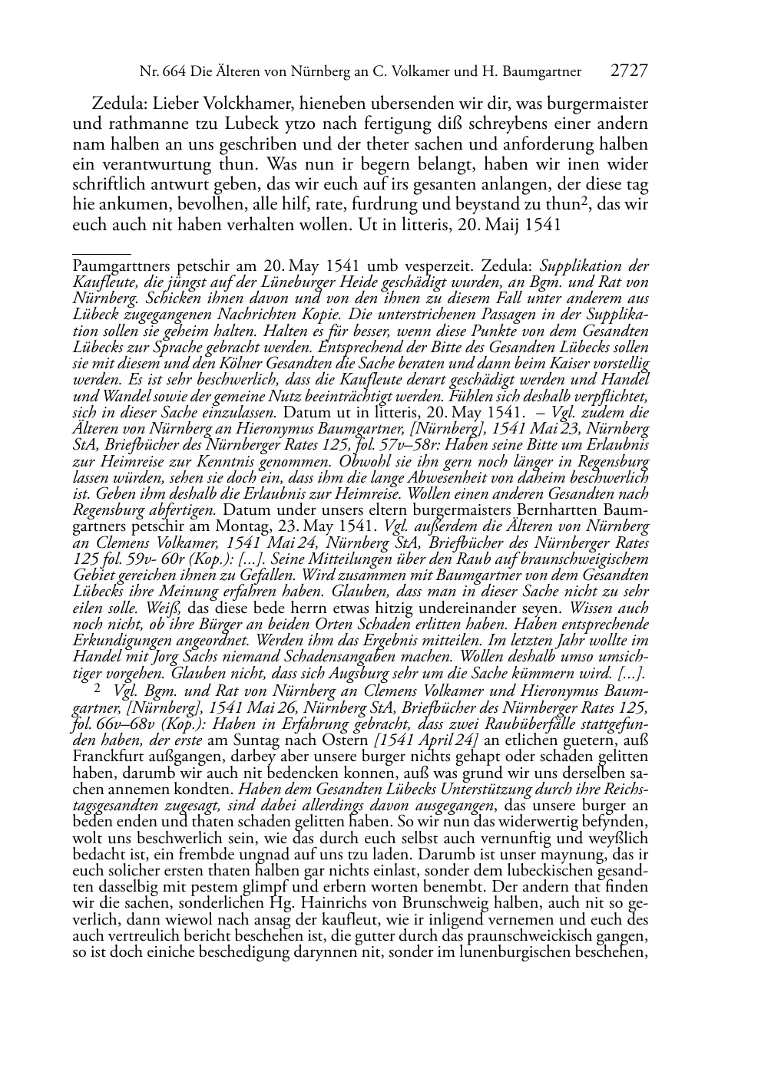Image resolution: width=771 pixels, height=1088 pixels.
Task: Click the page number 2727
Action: click(630, 71)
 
